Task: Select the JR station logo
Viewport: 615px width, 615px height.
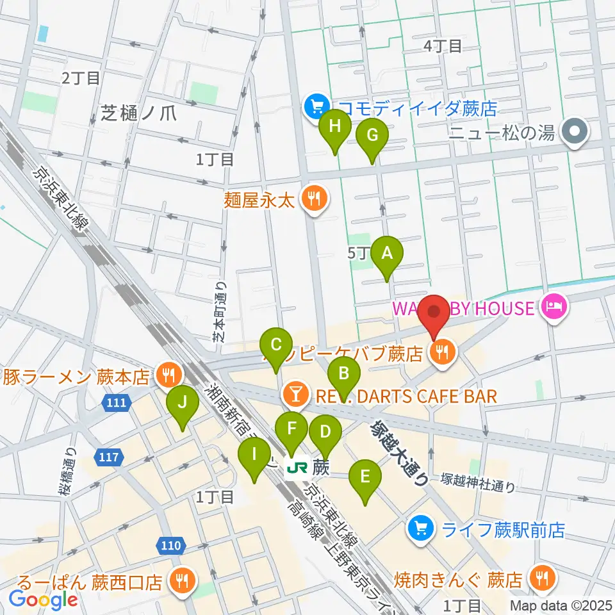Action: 296,468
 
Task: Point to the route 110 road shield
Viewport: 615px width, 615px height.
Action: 170,546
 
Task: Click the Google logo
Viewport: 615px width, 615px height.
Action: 43,600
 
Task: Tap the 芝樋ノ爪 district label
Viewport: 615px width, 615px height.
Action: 138,113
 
